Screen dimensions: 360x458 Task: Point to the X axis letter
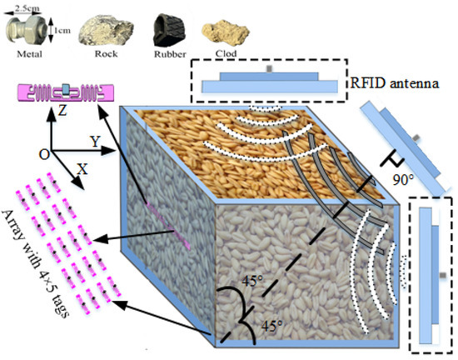pos(81,167)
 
